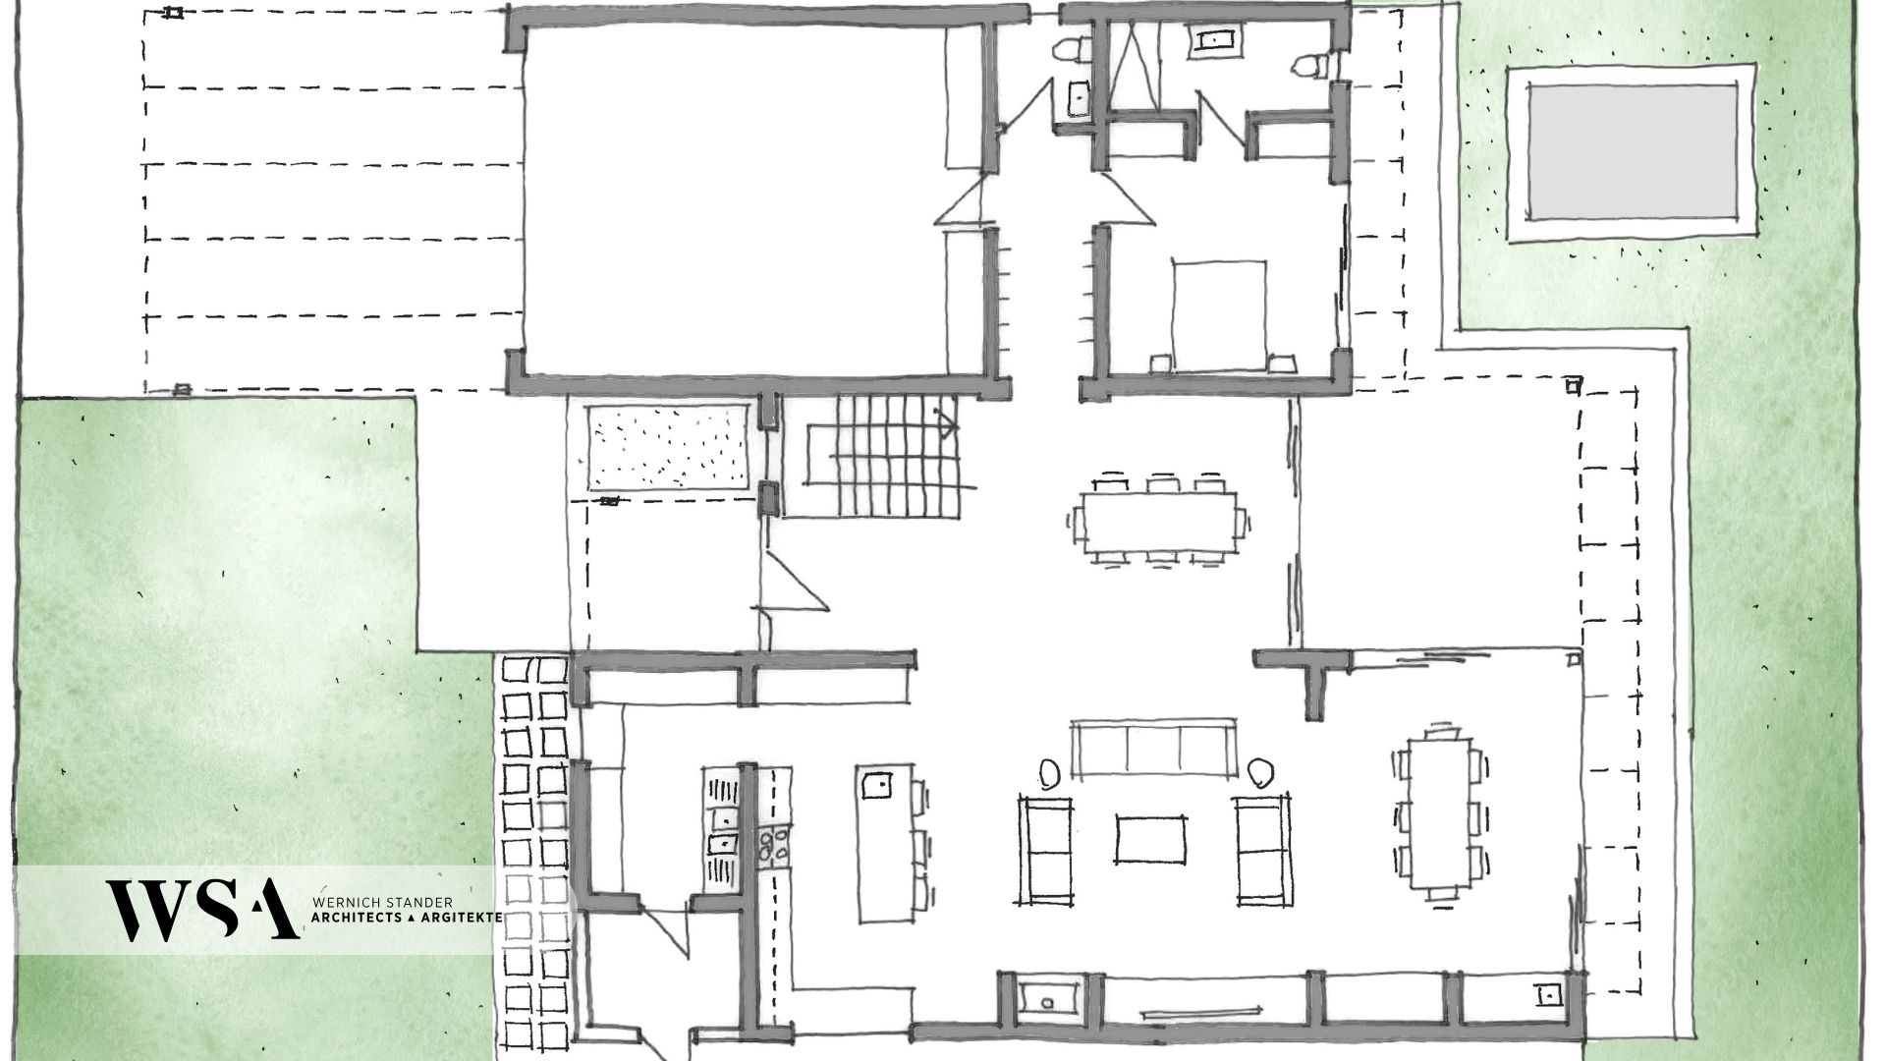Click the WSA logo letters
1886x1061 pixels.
coord(202,909)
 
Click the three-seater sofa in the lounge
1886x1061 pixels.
coord(1152,750)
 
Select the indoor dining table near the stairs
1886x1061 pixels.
coord(1158,520)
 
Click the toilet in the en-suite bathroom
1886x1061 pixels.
coord(1310,65)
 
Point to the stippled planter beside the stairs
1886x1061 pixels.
coord(671,447)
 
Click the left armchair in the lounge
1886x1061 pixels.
coord(1045,851)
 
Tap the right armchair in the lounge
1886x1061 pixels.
coord(1263,851)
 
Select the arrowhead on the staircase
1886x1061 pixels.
coord(947,424)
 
